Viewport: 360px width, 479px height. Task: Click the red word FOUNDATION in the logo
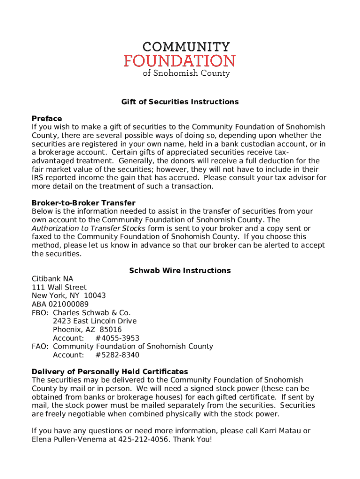click(x=180, y=61)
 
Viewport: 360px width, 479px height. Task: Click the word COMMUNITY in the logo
click(x=186, y=47)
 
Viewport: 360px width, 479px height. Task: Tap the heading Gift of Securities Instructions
click(x=180, y=102)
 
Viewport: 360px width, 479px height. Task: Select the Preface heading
click(x=47, y=118)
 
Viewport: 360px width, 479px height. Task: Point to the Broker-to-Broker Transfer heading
click(x=83, y=203)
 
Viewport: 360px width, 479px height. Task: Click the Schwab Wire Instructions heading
click(x=180, y=270)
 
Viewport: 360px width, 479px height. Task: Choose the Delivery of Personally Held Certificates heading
click(x=110, y=371)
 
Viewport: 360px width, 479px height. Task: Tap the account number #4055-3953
click(x=117, y=338)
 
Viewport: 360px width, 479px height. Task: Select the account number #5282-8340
click(x=117, y=355)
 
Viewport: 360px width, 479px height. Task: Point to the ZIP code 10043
click(x=95, y=296)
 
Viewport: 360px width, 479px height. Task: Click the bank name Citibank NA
click(x=52, y=279)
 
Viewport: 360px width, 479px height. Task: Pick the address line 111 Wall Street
click(x=59, y=287)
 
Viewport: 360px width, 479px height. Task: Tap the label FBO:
click(x=40, y=312)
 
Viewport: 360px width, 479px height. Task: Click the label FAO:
click(x=40, y=347)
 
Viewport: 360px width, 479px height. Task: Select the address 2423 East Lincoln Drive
click(x=94, y=321)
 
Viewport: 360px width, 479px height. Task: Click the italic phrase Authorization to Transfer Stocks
click(x=88, y=228)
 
